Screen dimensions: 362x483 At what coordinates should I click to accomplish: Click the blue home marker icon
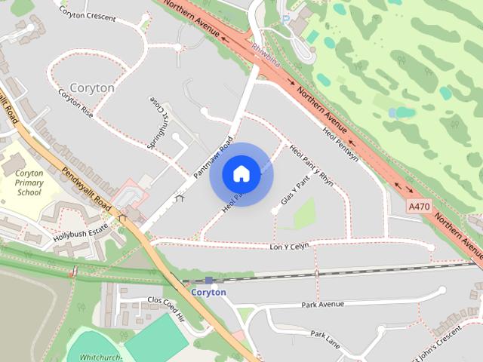[x=241, y=173]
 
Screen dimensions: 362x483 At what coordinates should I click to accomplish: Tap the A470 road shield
[x=420, y=206]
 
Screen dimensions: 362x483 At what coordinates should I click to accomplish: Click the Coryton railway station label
[x=208, y=292]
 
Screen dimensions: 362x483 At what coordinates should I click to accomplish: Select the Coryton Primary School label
[x=29, y=183]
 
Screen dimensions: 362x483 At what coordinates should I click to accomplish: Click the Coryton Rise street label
[x=75, y=103]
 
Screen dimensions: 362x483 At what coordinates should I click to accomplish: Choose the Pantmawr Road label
[x=213, y=156]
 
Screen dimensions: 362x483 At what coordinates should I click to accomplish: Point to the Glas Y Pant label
[x=295, y=191]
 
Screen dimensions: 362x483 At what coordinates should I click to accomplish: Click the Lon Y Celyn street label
[x=289, y=246]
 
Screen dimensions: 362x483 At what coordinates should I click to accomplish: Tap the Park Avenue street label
[x=322, y=304]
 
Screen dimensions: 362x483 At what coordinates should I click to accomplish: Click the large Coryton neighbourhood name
[x=91, y=87]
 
